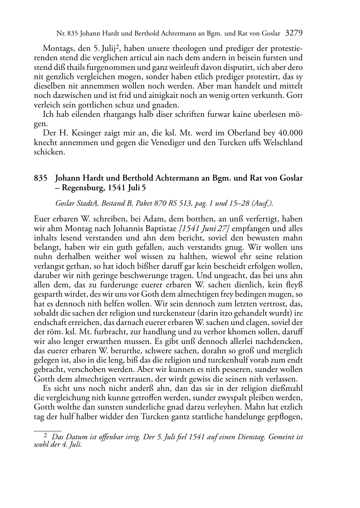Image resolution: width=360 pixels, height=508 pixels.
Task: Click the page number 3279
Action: point(294,34)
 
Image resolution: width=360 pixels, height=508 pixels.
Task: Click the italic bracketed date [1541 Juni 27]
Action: point(204,228)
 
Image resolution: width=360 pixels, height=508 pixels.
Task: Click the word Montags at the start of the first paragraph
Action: point(55,48)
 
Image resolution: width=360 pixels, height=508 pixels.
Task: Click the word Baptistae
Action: point(161,228)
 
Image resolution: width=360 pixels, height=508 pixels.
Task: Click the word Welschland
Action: point(283,142)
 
